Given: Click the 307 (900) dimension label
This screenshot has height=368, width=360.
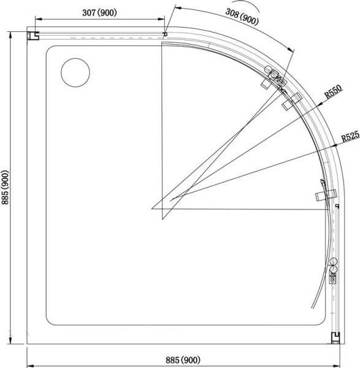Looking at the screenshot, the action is (99, 12).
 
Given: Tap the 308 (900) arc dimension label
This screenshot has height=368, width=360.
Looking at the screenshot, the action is (242, 17).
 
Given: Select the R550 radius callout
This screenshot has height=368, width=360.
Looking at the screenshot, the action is (334, 91).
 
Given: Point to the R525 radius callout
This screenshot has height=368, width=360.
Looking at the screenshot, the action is (350, 136).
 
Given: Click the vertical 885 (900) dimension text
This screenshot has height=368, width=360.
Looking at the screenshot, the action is (5, 187).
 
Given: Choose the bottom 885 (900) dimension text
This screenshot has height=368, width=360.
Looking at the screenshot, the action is (183, 360).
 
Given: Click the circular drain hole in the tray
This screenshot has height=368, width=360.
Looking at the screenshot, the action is (75, 72).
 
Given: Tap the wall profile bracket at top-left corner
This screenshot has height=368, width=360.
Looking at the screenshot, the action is (33, 36).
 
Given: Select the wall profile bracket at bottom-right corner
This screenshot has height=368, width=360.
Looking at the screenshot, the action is (335, 338).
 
